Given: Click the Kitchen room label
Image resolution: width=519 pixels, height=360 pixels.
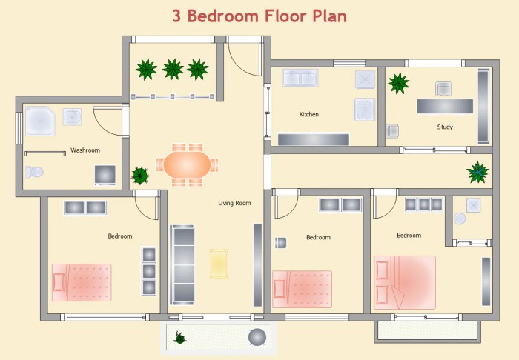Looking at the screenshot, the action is click(309, 114).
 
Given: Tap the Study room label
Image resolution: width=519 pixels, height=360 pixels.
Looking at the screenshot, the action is click(445, 127).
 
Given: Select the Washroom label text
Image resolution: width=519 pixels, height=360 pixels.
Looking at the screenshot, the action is click(85, 150).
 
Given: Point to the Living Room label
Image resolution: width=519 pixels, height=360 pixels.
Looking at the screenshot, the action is click(234, 203).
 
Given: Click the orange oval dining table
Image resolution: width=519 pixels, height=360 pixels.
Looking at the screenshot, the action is click(187, 164).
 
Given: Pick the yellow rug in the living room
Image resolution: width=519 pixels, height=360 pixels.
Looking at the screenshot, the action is click(219, 264).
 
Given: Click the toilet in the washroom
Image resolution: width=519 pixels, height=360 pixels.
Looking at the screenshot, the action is click(34, 172).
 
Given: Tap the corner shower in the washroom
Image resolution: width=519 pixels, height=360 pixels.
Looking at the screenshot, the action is click(40, 121).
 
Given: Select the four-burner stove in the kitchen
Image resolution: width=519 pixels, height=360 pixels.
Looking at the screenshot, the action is click(365, 110).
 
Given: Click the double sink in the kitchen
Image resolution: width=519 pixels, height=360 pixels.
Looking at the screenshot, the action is click(300, 78).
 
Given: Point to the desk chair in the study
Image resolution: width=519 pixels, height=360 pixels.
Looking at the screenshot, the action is click(443, 89).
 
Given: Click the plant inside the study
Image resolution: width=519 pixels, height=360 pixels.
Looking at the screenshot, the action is click(399, 83).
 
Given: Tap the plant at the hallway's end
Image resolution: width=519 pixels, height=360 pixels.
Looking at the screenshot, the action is click(477, 172).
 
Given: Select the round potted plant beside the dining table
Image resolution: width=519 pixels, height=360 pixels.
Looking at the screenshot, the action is click(140, 176).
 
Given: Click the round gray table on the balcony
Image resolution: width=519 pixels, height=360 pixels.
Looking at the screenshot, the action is click(257, 337).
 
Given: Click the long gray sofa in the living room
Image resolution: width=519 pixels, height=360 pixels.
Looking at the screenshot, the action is click(182, 264).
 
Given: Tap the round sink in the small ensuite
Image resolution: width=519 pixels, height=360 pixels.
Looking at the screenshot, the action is click(460, 219).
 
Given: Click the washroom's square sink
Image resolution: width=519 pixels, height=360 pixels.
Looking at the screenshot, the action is click(72, 117).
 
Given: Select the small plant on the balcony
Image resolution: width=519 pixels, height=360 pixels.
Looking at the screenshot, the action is click(179, 338).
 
